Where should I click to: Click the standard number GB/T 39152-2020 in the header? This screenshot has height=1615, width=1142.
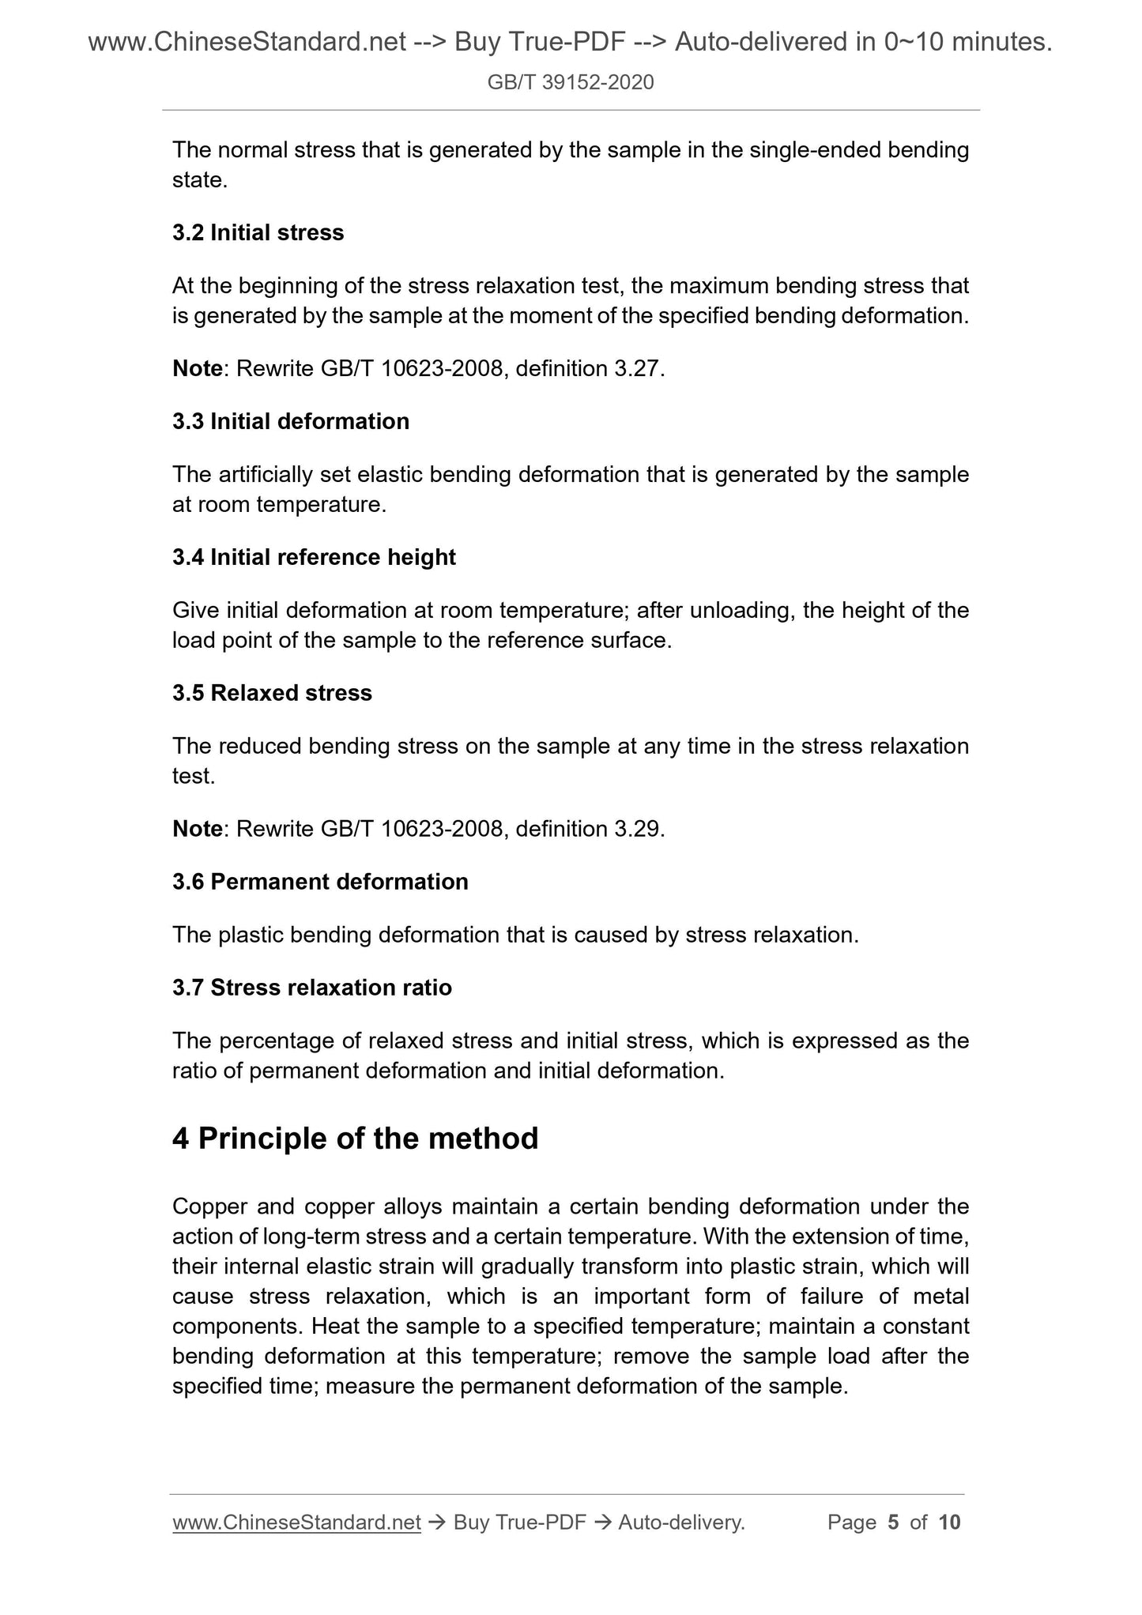pyautogui.click(x=571, y=82)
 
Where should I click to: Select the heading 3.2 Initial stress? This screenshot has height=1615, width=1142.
pyautogui.click(x=258, y=233)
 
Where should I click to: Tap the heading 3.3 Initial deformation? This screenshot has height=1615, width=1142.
pyautogui.click(x=291, y=422)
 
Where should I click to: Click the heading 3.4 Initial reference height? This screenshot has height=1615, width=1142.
pyautogui.click(x=314, y=558)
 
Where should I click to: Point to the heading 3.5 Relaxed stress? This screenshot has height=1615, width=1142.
pyautogui.click(x=272, y=693)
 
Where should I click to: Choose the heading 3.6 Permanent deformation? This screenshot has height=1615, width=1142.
pyautogui.click(x=320, y=882)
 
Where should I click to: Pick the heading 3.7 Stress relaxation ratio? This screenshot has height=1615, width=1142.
pyautogui.click(x=312, y=988)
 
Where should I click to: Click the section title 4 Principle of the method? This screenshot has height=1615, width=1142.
pyautogui.click(x=355, y=1139)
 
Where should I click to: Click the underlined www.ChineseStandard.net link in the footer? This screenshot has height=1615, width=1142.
pyautogui.click(x=296, y=1523)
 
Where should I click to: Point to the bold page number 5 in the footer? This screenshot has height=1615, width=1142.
pyautogui.click(x=893, y=1523)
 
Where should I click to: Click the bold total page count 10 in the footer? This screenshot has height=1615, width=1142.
pyautogui.click(x=949, y=1523)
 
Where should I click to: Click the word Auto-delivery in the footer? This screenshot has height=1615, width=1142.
pyautogui.click(x=681, y=1523)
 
